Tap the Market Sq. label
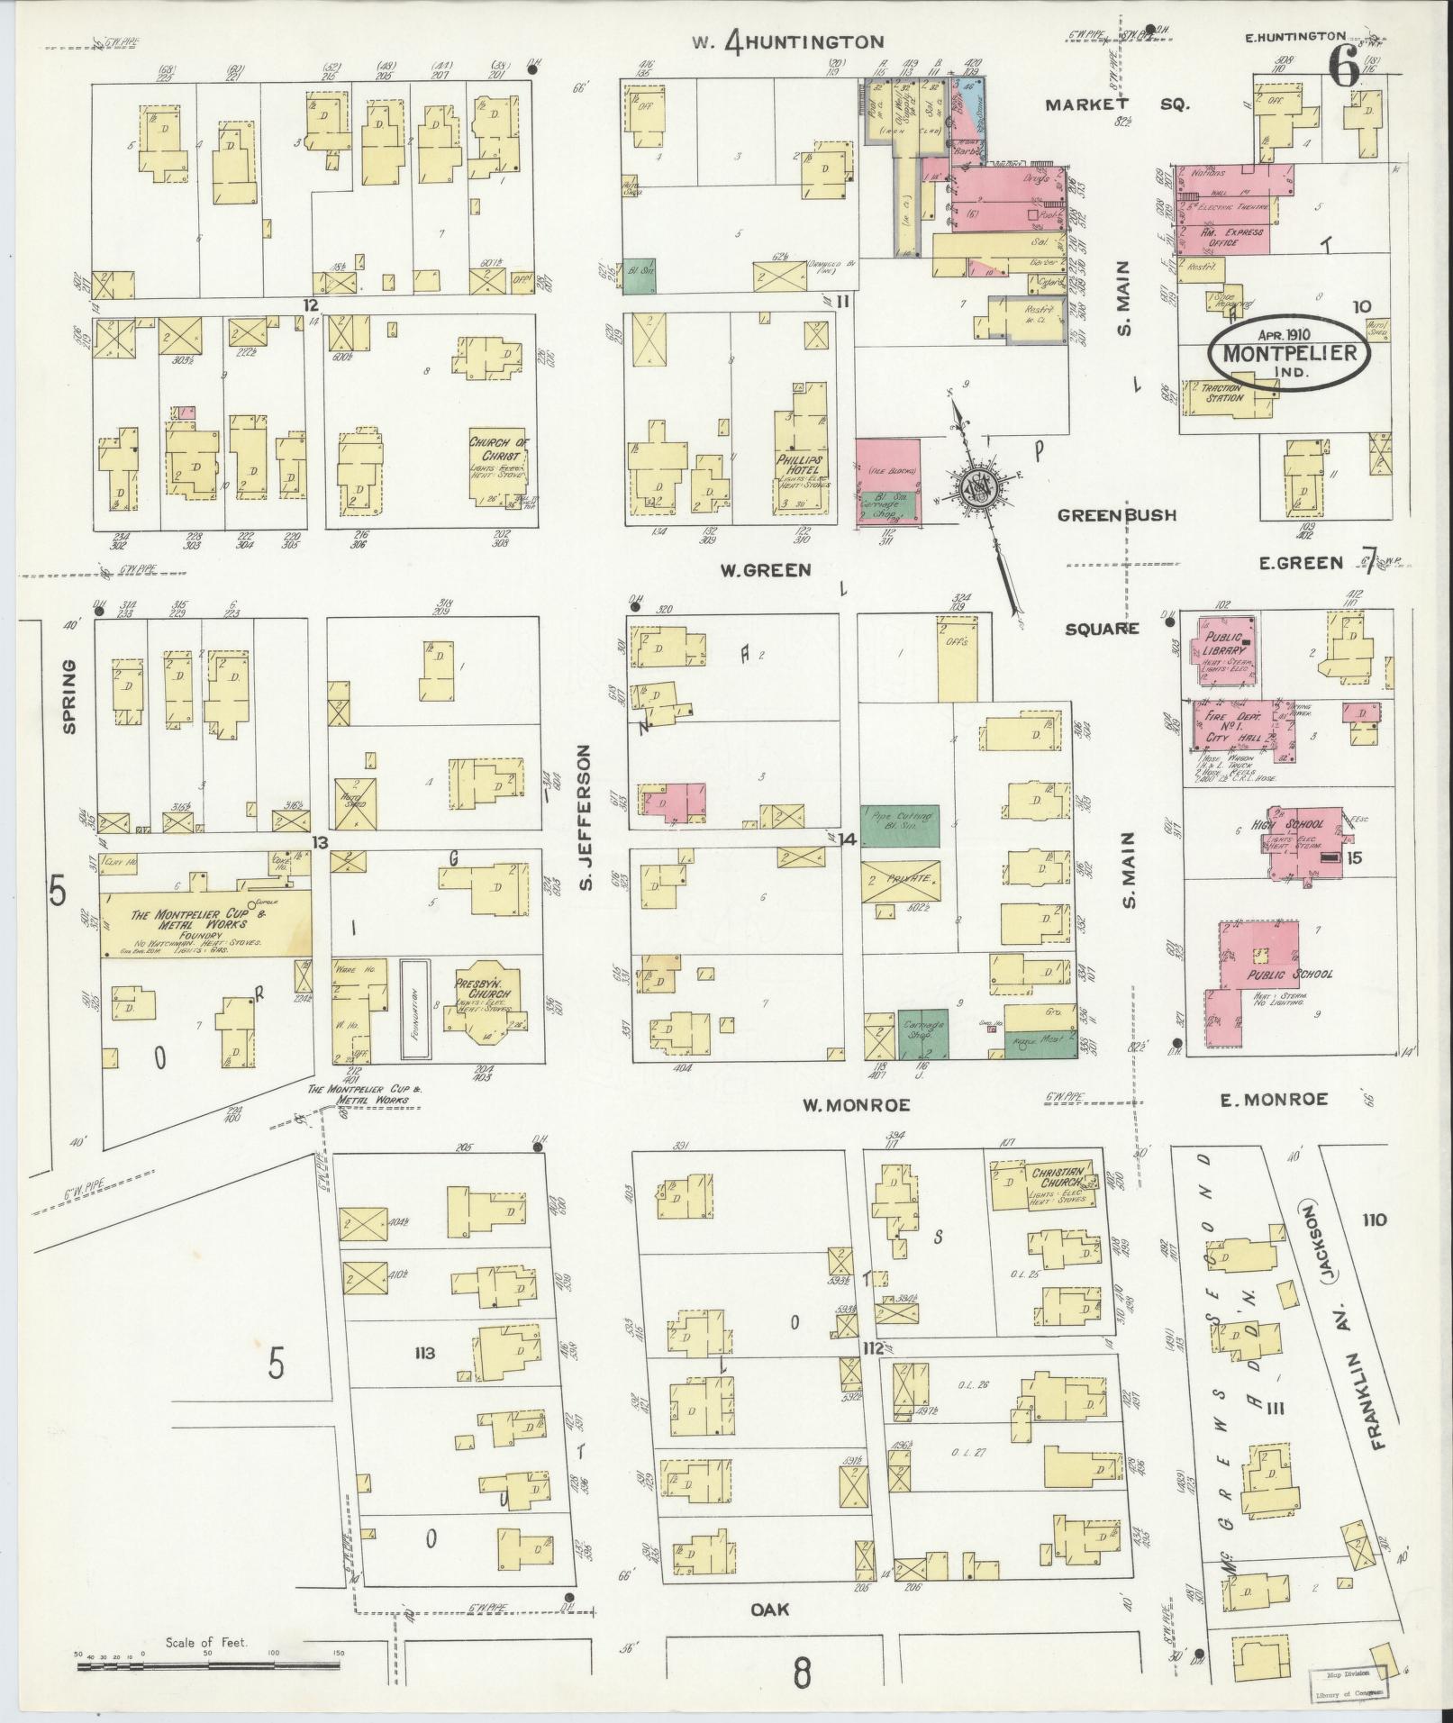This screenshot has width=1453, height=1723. pos(1116,104)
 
